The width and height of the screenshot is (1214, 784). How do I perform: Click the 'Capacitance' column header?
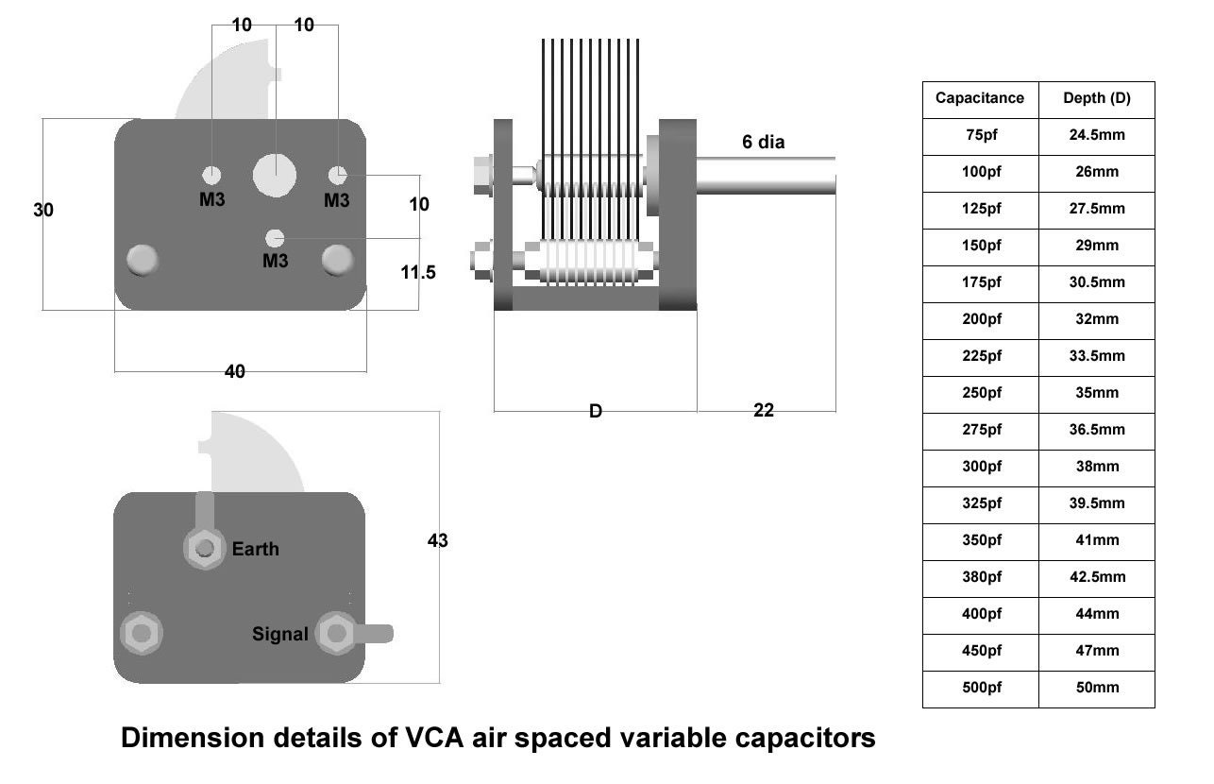tap(979, 98)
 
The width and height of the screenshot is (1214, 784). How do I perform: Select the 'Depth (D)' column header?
tap(1096, 98)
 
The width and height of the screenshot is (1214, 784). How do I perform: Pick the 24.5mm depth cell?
tap(1096, 135)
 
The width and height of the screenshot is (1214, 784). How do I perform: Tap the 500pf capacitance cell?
tap(980, 688)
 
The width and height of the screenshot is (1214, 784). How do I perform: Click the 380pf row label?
tap(980, 577)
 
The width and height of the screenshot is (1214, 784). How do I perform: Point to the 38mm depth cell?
tap(1096, 467)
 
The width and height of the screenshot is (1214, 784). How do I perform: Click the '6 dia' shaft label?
tap(763, 143)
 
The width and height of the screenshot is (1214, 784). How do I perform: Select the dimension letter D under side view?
tap(595, 412)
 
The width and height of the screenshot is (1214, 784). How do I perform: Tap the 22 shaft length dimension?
tap(764, 411)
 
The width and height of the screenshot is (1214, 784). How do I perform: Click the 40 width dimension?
tap(234, 372)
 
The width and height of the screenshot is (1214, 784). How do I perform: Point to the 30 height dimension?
tap(43, 211)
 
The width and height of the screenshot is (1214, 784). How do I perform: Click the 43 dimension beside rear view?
tap(437, 541)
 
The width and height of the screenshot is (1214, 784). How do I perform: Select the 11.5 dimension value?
tap(418, 273)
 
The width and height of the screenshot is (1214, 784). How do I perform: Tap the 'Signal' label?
tap(279, 635)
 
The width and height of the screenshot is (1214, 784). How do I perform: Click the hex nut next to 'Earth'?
tap(204, 548)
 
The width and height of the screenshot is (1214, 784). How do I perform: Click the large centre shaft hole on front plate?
tap(275, 174)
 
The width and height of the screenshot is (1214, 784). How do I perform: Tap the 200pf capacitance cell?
tap(980, 319)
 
